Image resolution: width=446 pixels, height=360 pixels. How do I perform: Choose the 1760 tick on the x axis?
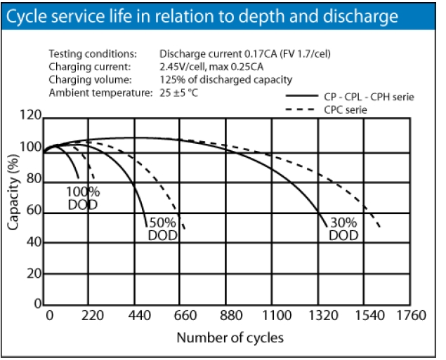point(412,316)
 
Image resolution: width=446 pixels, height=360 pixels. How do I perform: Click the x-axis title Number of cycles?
point(230,338)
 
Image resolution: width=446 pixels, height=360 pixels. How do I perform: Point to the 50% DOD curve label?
point(162,229)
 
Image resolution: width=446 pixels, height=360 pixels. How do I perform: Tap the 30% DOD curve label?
point(343,229)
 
